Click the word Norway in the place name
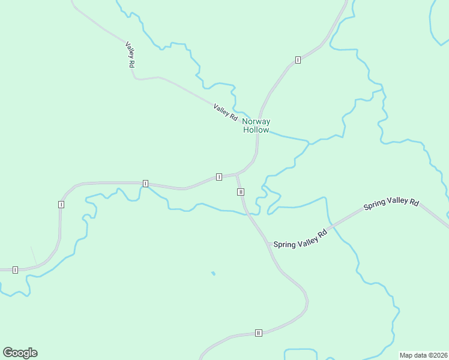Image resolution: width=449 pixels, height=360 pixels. point(256,122)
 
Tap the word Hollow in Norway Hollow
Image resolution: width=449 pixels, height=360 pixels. point(256,130)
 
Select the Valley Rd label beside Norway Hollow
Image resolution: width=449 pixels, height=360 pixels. point(226,112)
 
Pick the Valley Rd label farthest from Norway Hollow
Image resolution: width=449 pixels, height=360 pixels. point(130,54)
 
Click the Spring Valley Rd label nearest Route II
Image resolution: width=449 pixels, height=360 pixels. point(300,238)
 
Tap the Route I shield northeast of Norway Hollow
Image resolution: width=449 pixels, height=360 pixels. point(298,60)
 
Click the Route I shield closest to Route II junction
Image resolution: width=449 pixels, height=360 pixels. point(218,177)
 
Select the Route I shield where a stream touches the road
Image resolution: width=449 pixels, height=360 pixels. point(145,183)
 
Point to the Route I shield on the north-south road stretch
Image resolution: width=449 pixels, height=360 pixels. point(61,205)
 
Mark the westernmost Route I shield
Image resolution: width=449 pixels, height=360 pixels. point(15,270)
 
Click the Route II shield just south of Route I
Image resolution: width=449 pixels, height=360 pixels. point(240,192)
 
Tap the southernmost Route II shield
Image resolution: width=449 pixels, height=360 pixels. point(259,333)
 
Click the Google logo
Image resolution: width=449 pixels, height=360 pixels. point(20,353)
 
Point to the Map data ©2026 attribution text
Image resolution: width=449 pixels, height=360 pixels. point(423,355)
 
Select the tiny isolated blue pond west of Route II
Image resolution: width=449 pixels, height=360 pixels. point(213,274)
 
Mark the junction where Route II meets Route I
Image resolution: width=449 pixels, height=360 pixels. point(237,175)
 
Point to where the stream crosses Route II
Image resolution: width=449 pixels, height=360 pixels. point(247,213)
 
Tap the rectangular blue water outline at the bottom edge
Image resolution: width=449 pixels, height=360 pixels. point(300,354)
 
